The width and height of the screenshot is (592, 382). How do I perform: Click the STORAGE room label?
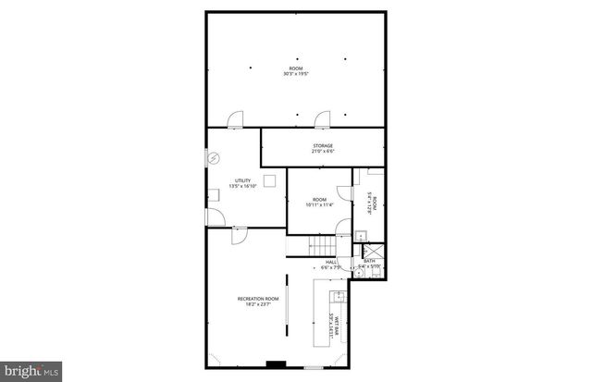tap(322, 145)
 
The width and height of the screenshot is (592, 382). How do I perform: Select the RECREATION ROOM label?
tap(258, 298)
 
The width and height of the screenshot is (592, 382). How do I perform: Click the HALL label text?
tap(331, 262)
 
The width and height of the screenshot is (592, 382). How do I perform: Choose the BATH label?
tap(369, 261)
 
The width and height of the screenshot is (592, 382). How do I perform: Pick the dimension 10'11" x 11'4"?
tap(319, 205)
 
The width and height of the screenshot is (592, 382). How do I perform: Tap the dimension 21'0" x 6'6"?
tap(322, 153)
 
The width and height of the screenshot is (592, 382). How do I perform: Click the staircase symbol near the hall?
tap(322, 246)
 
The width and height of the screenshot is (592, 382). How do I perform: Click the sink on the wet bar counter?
tap(338, 297)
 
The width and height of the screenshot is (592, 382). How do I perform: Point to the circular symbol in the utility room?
tap(213, 158)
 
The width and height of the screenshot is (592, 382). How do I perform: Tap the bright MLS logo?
tap(31, 370)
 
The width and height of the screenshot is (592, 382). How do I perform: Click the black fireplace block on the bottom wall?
tap(276, 364)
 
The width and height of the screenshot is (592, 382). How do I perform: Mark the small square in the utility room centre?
tap(270, 179)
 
